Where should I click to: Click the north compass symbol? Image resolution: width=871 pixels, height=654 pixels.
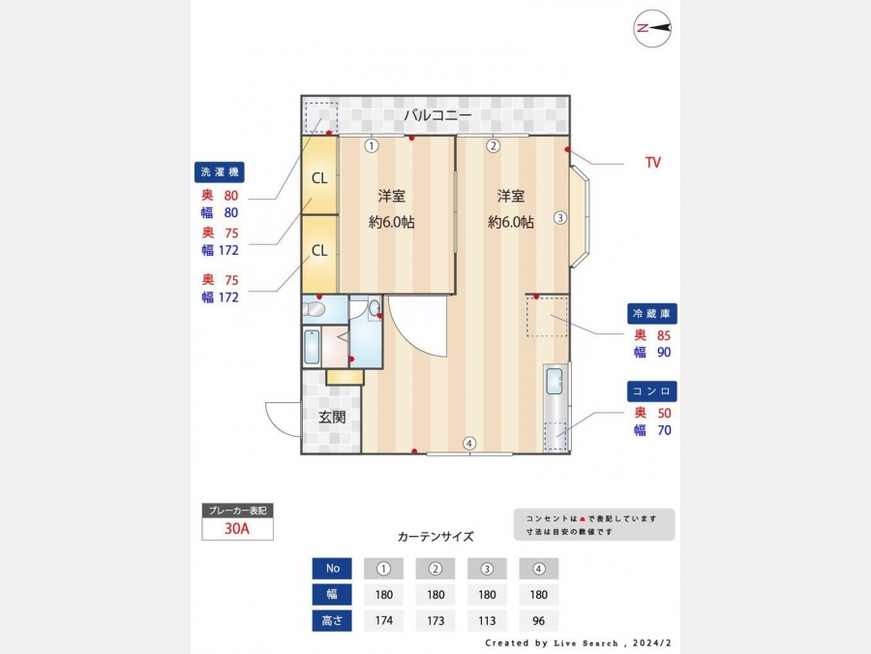click(x=652, y=28)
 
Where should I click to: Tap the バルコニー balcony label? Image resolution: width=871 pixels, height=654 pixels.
click(x=437, y=115)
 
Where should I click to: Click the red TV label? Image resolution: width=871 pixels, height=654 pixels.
click(x=653, y=163)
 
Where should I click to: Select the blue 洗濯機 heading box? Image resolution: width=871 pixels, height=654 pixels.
click(x=220, y=171)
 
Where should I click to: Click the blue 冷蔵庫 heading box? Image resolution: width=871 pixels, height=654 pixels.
click(x=651, y=314)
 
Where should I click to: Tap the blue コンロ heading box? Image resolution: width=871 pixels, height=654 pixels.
click(x=651, y=391)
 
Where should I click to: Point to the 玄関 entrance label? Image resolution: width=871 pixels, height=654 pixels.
click(x=332, y=417)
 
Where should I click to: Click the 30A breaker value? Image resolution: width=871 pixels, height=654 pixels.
click(x=237, y=528)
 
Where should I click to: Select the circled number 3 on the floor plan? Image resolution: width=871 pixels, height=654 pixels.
click(x=560, y=217)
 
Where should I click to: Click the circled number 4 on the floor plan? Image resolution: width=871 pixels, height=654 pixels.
click(x=469, y=443)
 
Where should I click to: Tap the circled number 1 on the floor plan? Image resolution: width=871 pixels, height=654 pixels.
click(x=371, y=145)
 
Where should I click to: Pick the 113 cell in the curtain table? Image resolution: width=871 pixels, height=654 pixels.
click(x=487, y=621)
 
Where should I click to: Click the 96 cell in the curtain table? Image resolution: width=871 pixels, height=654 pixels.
click(x=539, y=621)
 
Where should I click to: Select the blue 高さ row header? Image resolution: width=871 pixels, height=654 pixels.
click(x=332, y=621)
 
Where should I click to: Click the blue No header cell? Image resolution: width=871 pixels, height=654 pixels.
click(x=332, y=569)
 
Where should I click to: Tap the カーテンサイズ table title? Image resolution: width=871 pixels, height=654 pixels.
click(x=435, y=537)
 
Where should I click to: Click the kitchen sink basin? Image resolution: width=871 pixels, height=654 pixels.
click(x=554, y=381)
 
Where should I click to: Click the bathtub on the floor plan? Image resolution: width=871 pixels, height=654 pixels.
click(x=313, y=347)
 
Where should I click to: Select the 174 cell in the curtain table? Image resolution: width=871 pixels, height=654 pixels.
click(x=384, y=621)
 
